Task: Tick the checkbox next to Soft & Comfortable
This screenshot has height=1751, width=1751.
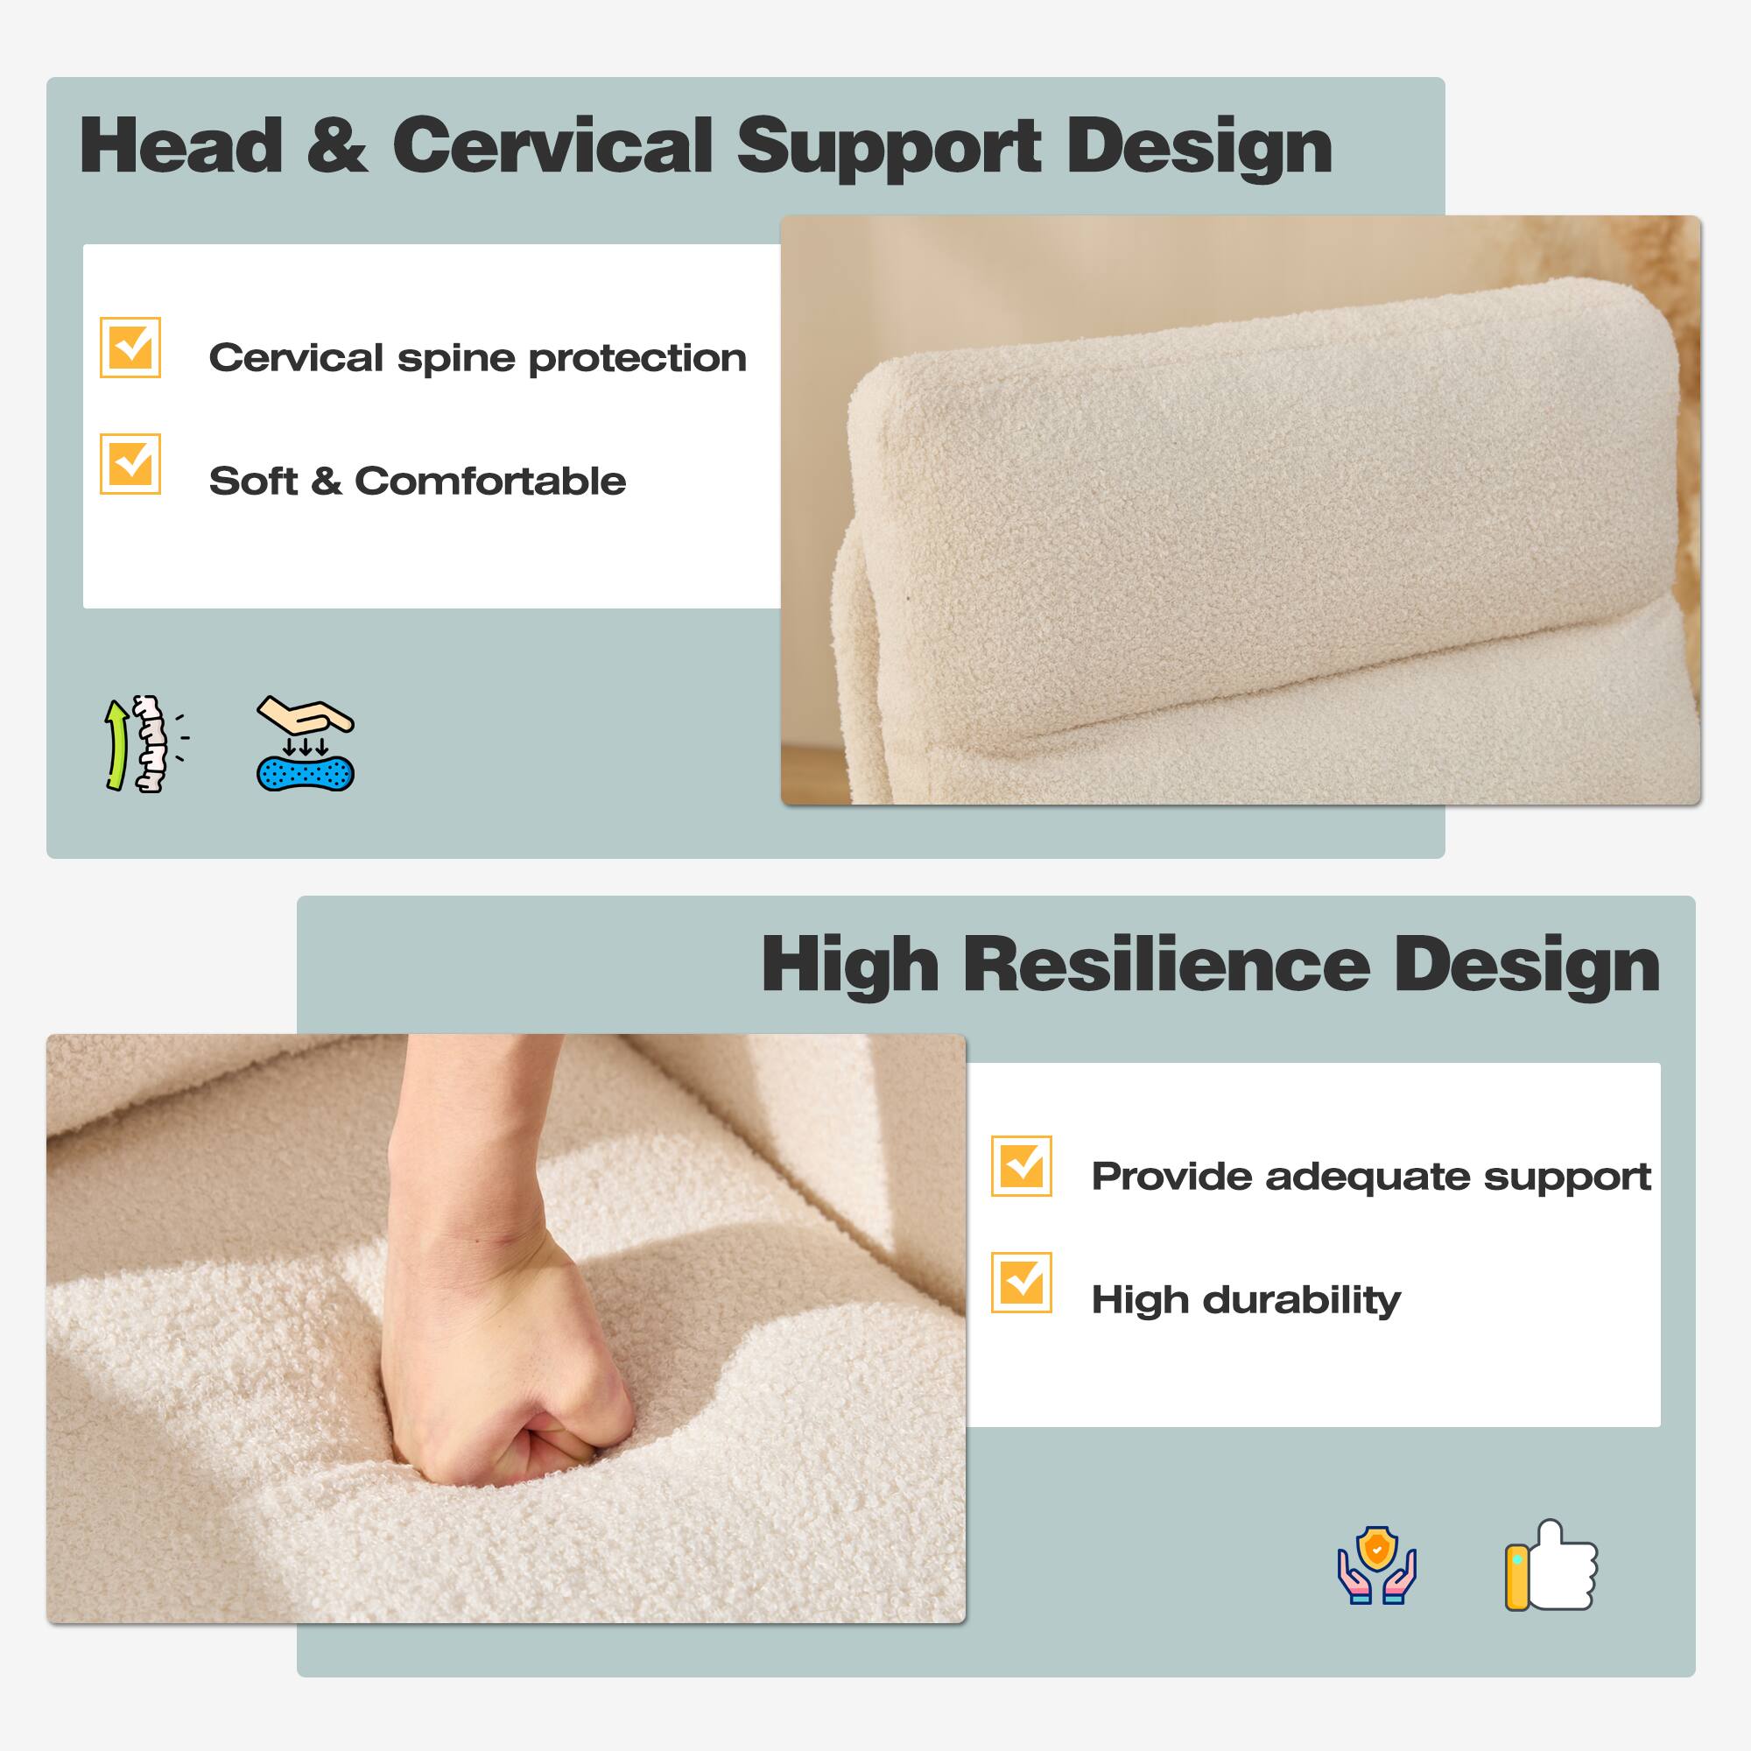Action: coord(130,464)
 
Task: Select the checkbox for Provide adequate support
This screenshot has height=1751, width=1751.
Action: coord(1022,1165)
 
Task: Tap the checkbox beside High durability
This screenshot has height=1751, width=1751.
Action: coord(1022,1283)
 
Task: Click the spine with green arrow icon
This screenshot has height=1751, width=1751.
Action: coord(144,744)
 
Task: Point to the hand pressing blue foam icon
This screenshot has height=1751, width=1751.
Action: coord(306,743)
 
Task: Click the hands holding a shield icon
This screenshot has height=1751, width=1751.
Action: coord(1376,1565)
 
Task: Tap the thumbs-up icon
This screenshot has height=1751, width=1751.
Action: coord(1551,1565)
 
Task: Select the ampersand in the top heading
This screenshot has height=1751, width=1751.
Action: coord(337,147)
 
